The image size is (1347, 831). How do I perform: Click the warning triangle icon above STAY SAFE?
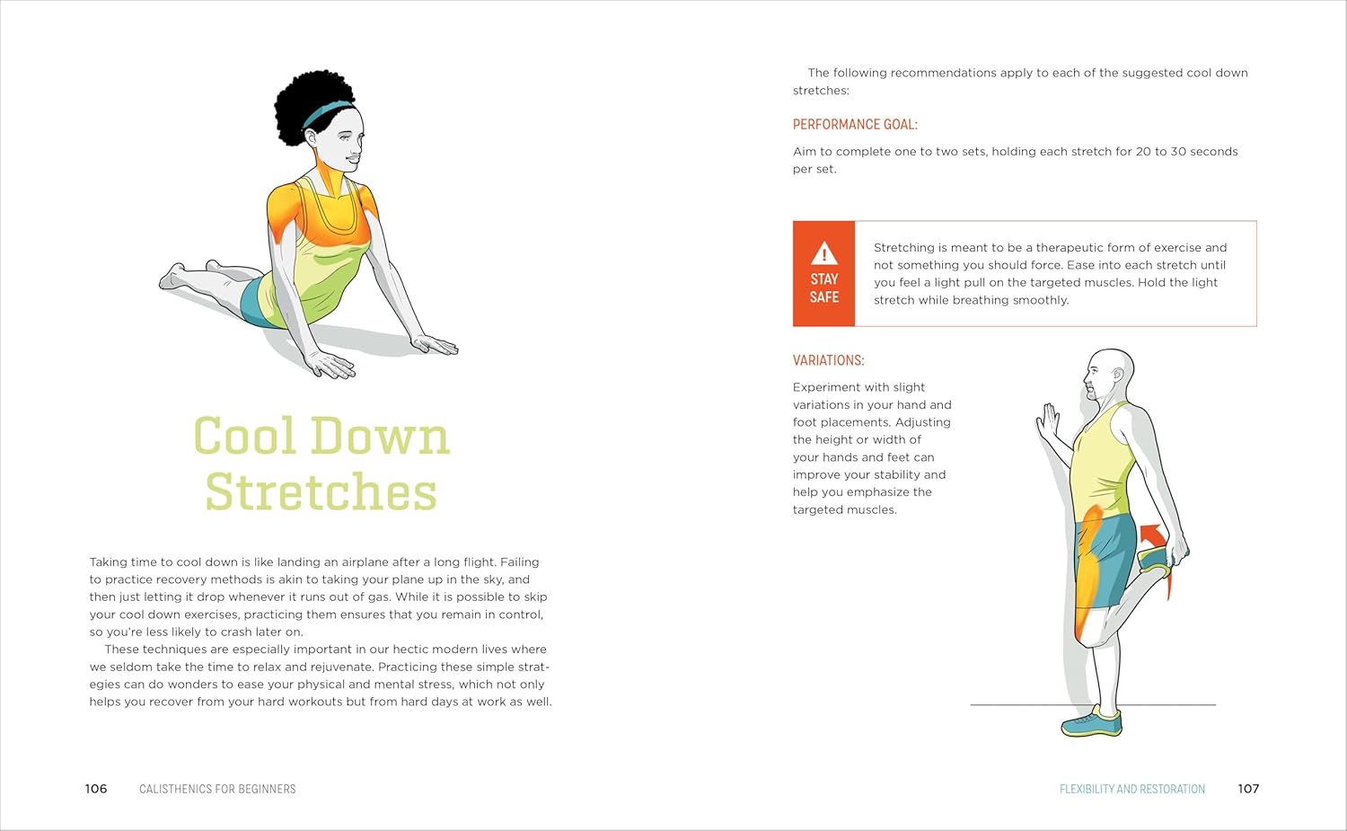[823, 253]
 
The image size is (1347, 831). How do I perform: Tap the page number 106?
[96, 789]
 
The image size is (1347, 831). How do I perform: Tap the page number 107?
[1248, 789]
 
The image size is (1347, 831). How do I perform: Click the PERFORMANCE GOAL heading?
[855, 125]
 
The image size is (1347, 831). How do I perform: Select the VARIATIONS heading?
[828, 360]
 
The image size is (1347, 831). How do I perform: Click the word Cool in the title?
[244, 437]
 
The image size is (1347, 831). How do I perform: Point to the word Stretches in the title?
[321, 492]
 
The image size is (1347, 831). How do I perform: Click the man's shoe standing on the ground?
[1093, 722]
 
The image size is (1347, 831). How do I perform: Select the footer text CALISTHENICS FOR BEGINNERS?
[217, 789]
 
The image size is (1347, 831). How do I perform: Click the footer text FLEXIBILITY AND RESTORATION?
[1131, 789]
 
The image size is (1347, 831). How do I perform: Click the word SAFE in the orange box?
[823, 297]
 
